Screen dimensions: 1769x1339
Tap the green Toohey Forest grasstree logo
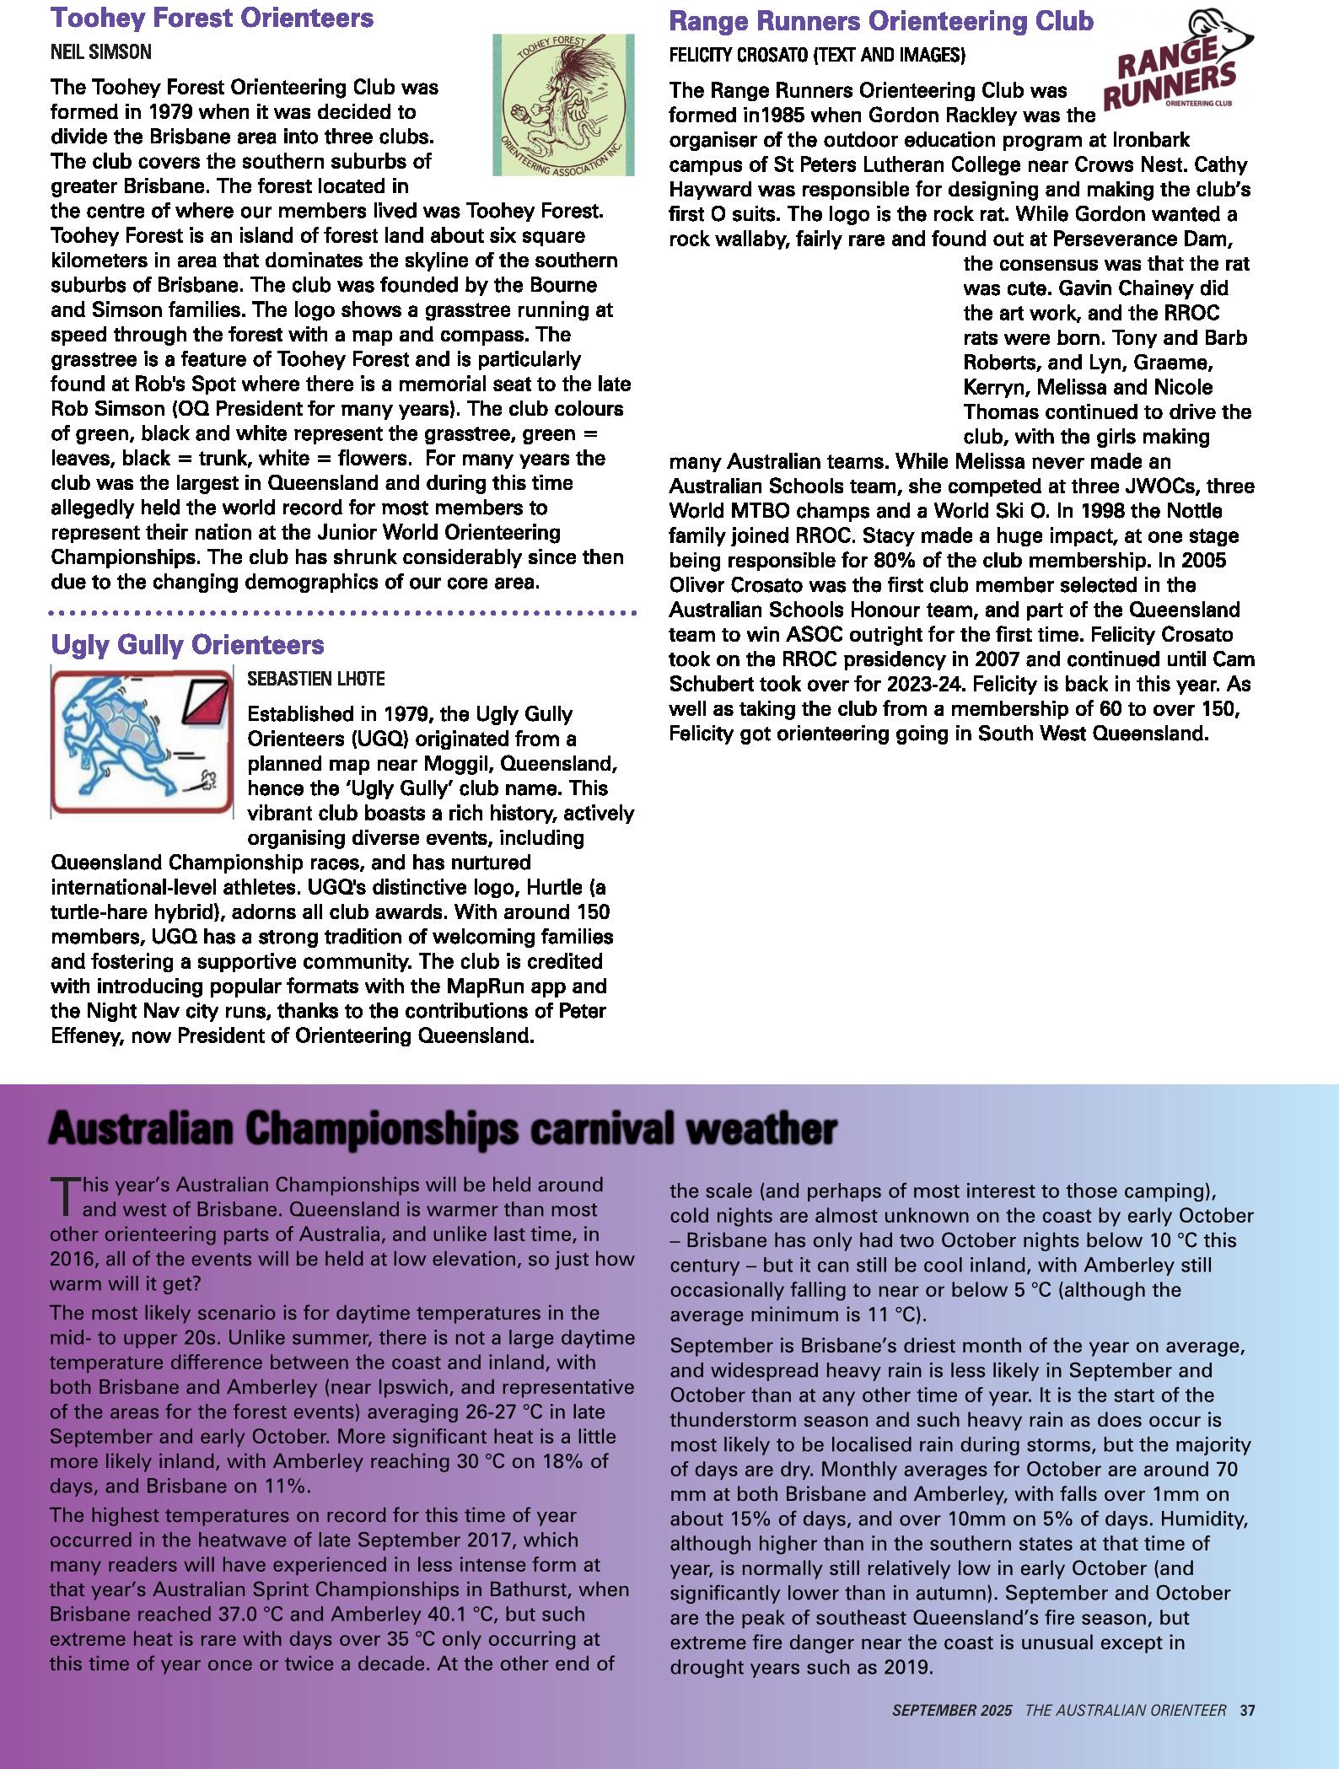coord(562,105)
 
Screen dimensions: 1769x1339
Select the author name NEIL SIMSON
coord(101,52)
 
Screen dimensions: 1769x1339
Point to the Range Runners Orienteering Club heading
coord(881,21)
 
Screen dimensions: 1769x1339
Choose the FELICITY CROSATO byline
coord(817,56)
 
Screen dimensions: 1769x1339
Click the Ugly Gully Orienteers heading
coord(187,645)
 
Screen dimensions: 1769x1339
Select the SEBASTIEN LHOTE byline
coord(316,679)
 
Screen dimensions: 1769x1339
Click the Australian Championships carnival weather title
coord(443,1129)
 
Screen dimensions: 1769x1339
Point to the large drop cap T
coord(63,1196)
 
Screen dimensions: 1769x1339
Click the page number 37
coord(1248,1711)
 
